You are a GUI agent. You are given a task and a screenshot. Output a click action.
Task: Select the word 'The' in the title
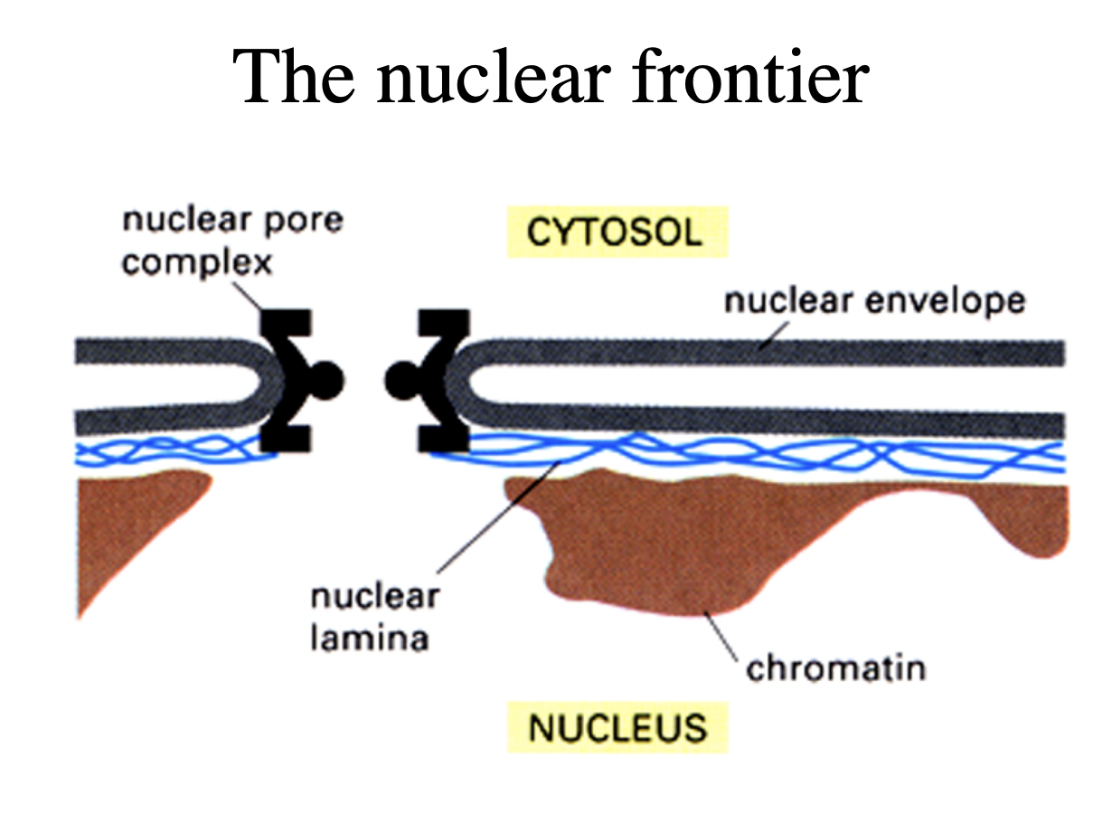(x=294, y=78)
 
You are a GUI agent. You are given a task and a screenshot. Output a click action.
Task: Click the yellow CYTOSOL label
(x=614, y=232)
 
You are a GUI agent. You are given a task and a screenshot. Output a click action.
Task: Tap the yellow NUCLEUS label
(x=617, y=727)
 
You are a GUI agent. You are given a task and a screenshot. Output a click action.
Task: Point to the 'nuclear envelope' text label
(x=874, y=300)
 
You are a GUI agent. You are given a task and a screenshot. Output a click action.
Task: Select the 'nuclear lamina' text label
(x=373, y=617)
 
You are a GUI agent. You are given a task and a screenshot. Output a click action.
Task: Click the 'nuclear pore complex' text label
(x=232, y=241)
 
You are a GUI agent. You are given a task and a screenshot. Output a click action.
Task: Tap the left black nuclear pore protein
(x=291, y=380)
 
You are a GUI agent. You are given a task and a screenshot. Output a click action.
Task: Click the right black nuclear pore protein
(x=438, y=380)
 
